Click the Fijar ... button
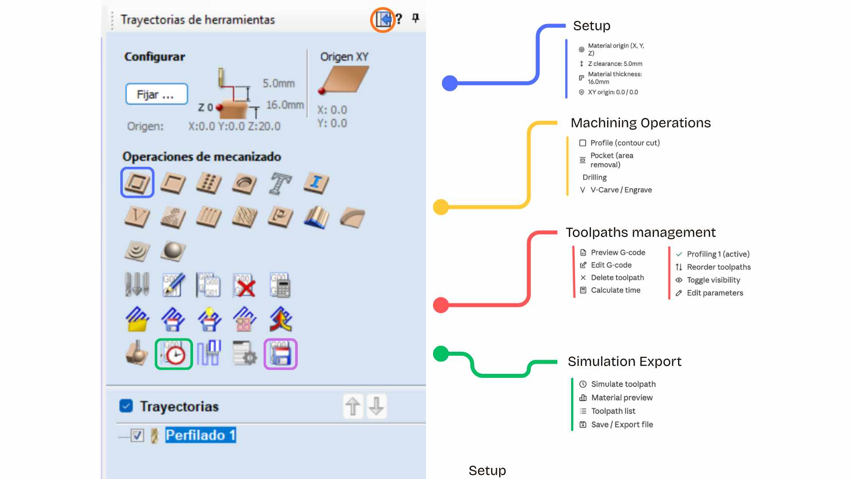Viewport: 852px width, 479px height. coord(157,94)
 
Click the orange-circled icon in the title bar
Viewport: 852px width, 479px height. coord(383,20)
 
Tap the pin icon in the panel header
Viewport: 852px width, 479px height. coord(415,18)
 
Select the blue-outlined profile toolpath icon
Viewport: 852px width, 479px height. coord(137,182)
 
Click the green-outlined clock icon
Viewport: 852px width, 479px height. coord(174,354)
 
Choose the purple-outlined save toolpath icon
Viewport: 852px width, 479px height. coord(280,354)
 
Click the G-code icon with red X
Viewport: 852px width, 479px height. coord(245,285)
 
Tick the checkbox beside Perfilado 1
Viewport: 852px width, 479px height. coord(138,435)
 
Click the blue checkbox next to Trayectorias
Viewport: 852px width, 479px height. coord(126,406)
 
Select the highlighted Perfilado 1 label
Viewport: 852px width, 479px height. coord(201,435)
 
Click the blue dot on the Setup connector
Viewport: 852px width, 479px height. coord(450,83)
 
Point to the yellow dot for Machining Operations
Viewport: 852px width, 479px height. coord(441,207)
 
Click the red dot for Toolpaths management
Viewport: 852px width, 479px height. coord(441,305)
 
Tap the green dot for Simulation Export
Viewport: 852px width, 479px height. coord(441,353)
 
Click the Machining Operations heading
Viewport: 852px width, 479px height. coord(641,123)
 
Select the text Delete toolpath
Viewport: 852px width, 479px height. coord(617,278)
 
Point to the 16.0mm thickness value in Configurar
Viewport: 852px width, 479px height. coord(285,105)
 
